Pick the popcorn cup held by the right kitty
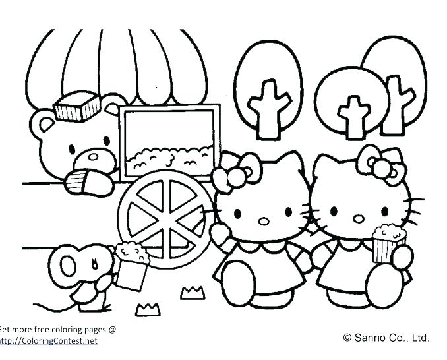pos(384,246)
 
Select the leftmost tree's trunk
pos(269,105)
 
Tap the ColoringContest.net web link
pos(49,341)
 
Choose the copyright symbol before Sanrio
pos(348,338)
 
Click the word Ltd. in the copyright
pos(419,338)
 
